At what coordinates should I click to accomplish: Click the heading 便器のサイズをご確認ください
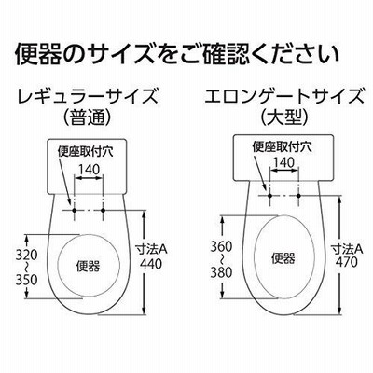[177, 54]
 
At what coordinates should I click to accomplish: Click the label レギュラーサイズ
[88, 96]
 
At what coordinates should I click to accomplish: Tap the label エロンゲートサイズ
[283, 96]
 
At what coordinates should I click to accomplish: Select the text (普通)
[87, 118]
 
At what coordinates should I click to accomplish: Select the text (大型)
[283, 118]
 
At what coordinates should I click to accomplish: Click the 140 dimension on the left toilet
[89, 170]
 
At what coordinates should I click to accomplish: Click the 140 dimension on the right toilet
[284, 162]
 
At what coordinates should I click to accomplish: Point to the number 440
[151, 264]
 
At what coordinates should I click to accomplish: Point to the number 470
[347, 262]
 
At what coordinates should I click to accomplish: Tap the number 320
[27, 255]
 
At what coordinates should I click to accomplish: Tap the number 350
[27, 280]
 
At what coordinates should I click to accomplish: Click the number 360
[222, 247]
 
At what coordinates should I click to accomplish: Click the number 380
[222, 272]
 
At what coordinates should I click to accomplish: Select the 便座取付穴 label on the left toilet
[85, 152]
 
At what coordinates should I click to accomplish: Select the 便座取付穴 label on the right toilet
[282, 146]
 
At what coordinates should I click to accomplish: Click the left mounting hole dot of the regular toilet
[75, 211]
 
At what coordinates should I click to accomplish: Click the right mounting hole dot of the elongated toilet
[298, 196]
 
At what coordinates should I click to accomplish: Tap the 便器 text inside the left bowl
[89, 267]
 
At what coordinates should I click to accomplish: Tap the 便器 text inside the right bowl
[283, 258]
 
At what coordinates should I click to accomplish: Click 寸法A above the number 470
[347, 249]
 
